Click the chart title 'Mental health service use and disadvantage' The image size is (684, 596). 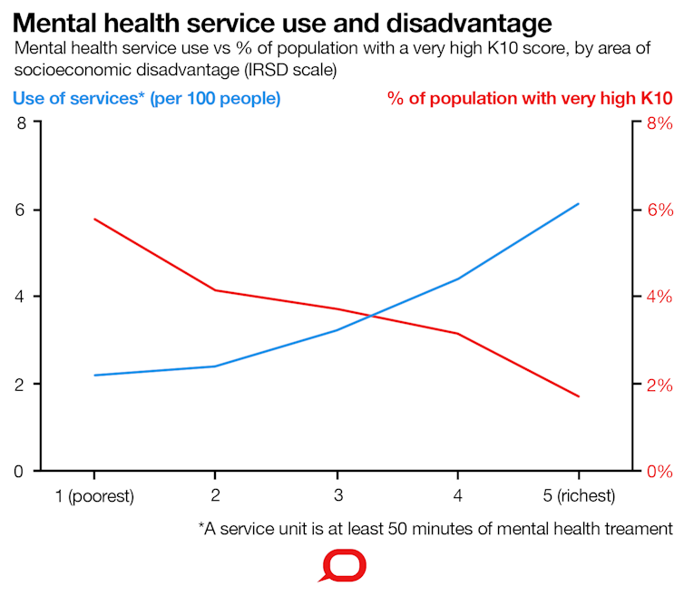pos(282,22)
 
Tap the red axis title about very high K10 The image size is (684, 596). pos(530,97)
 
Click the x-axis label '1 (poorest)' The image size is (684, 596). pos(94,496)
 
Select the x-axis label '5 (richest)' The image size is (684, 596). pos(578,496)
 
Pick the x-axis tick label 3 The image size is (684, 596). pos(337,496)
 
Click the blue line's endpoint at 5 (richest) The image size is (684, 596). pos(579,204)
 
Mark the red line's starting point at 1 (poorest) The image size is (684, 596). pos(94,220)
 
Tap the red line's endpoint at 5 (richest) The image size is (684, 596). pos(579,396)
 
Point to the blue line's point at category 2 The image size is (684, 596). pos(215,366)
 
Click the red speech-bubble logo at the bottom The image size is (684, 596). pos(342,567)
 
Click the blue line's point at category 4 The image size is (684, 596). pos(457,278)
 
